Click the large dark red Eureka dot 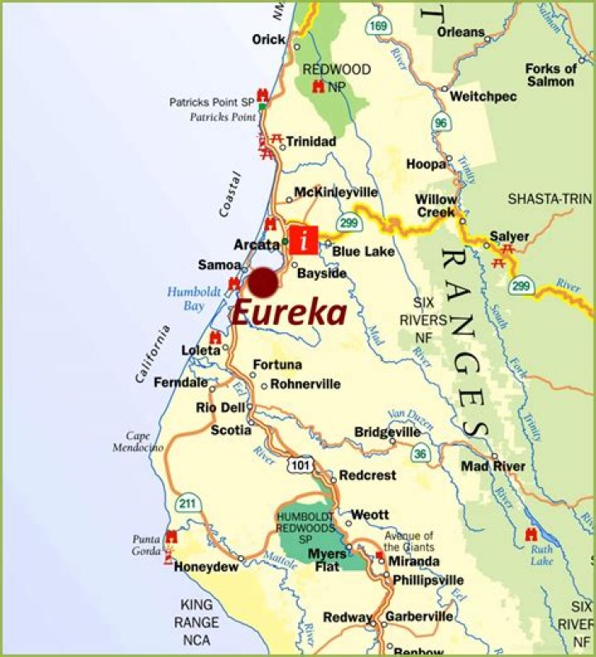point(264,283)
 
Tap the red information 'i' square point(306,239)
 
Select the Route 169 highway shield point(377,26)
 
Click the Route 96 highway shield point(440,123)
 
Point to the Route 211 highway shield point(188,501)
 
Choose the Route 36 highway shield point(421,452)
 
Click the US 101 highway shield point(299,466)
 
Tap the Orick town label point(269,40)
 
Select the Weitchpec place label point(483,97)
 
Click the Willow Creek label point(436,205)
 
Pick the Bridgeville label point(387,432)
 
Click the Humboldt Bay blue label point(191,298)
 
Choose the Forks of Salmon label point(550,75)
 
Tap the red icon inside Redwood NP point(318,87)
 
